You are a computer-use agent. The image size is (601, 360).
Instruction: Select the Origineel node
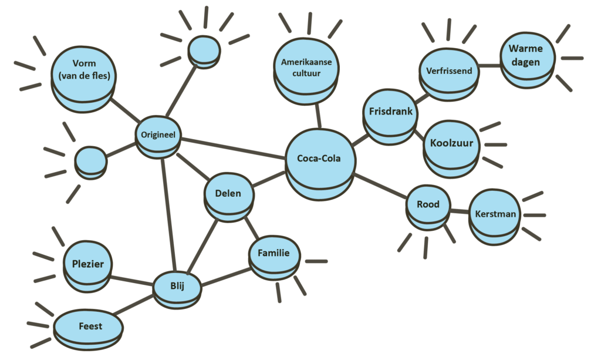(158, 135)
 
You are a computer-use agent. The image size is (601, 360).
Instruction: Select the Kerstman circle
(496, 214)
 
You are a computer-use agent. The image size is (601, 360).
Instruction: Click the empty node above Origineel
(205, 50)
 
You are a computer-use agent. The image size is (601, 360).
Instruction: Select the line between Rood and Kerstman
(460, 210)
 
